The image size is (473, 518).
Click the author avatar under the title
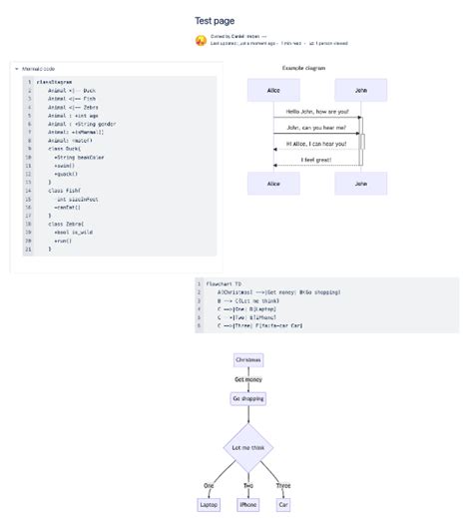[202, 42]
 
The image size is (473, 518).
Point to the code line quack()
[66, 174]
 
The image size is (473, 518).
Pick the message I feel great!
[316, 159]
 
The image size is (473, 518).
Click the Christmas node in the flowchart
[247, 359]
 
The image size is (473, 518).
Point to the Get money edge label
[247, 379]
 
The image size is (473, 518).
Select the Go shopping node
[247, 398]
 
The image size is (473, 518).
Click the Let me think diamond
[247, 448]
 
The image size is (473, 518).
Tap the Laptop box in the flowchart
[209, 505]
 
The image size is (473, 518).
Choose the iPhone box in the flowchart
[247, 505]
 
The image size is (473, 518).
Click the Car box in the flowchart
[283, 505]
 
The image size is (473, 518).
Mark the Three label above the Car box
[283, 486]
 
